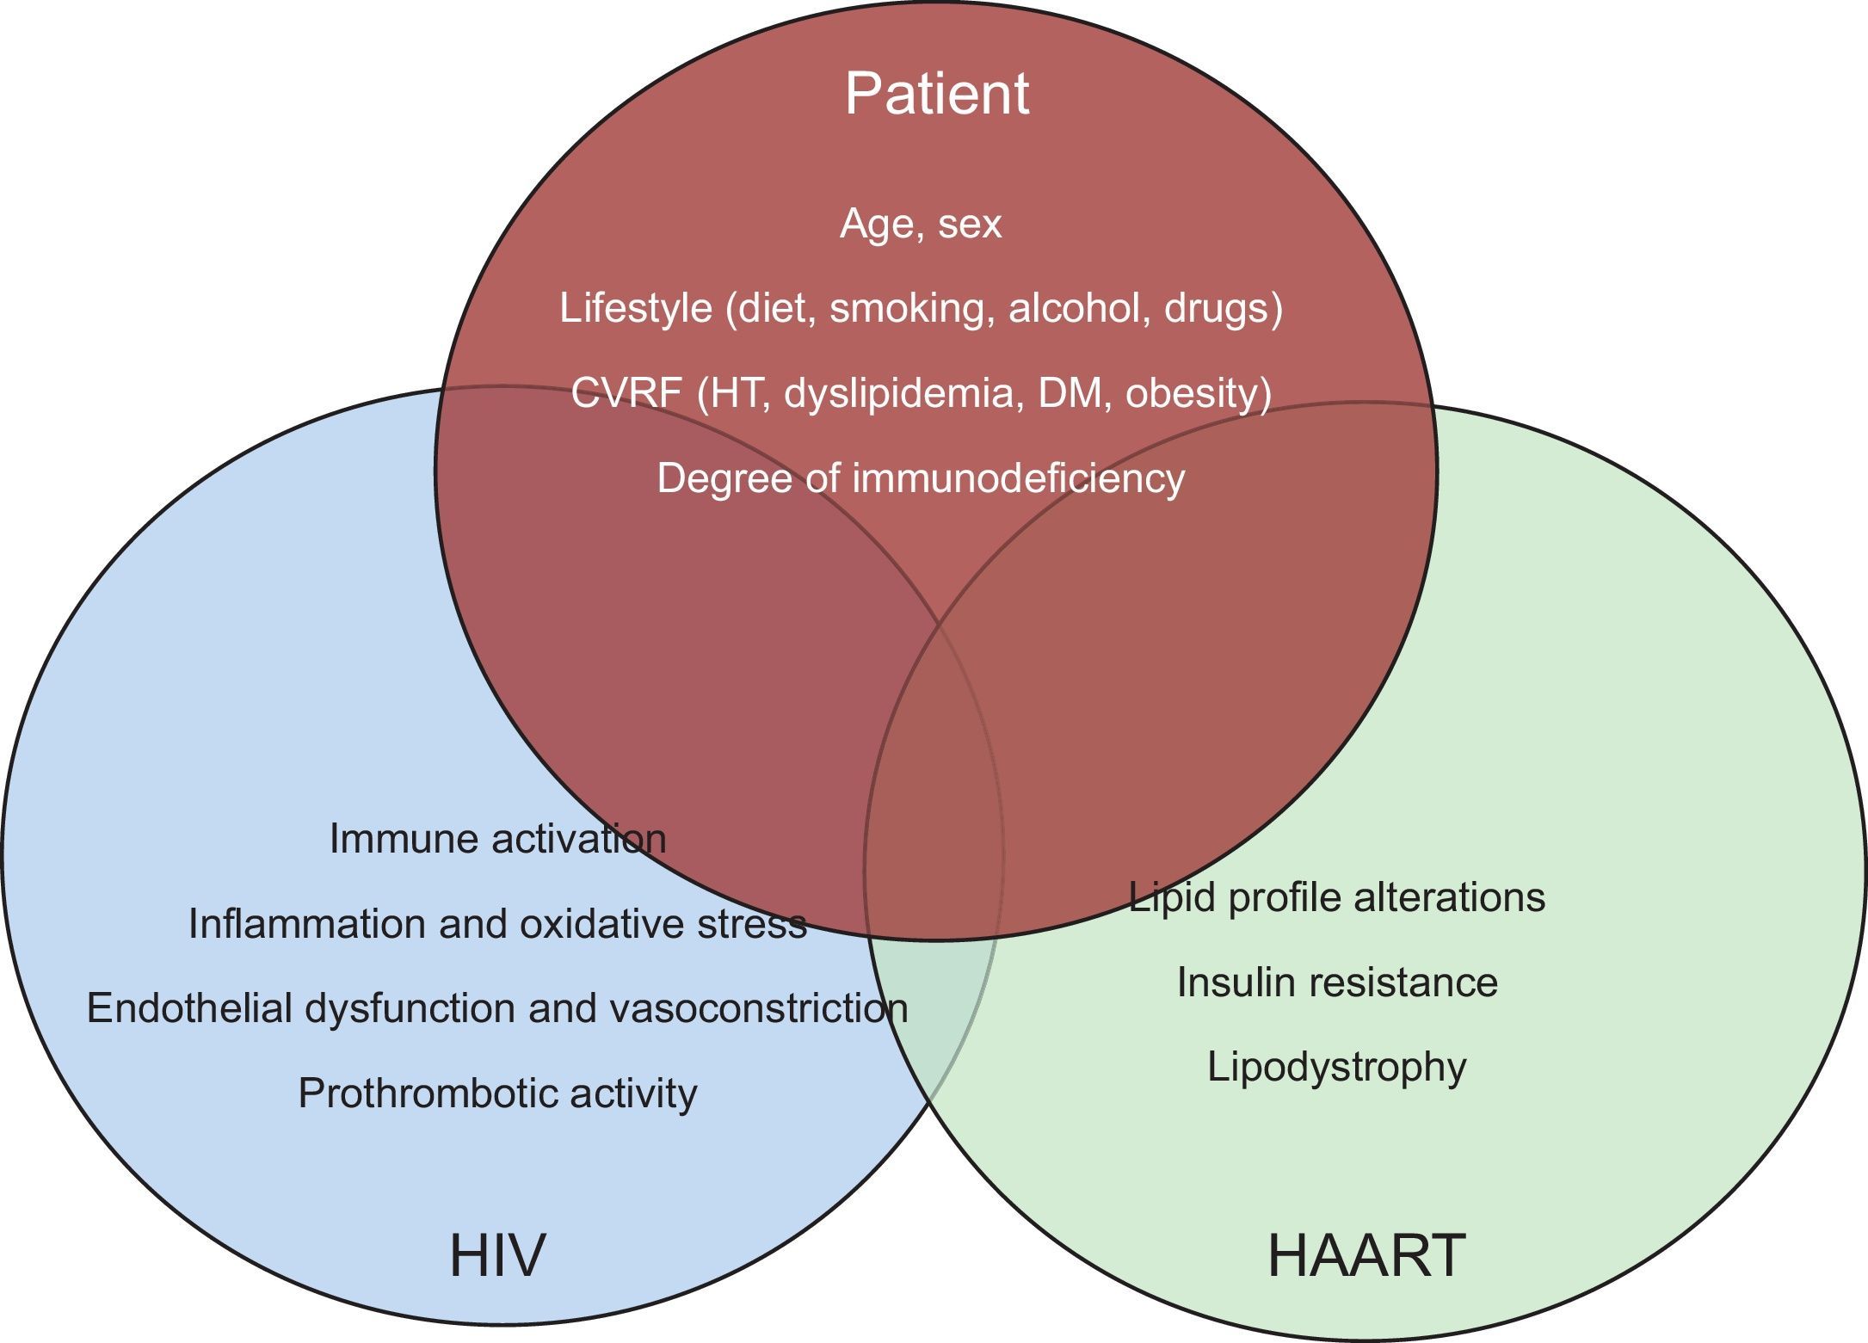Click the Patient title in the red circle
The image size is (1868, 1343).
point(936,94)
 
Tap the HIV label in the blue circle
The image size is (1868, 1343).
point(497,1255)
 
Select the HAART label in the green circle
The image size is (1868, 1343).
point(1366,1255)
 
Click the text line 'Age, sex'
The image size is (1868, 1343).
point(921,224)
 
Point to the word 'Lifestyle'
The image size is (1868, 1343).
point(636,308)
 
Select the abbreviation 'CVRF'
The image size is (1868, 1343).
point(626,393)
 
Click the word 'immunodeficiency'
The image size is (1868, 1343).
point(1019,478)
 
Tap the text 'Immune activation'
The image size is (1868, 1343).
point(497,839)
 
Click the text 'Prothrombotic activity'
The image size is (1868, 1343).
point(497,1093)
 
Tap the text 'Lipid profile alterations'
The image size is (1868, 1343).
point(1337,897)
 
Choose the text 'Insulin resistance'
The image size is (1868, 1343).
point(1337,983)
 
